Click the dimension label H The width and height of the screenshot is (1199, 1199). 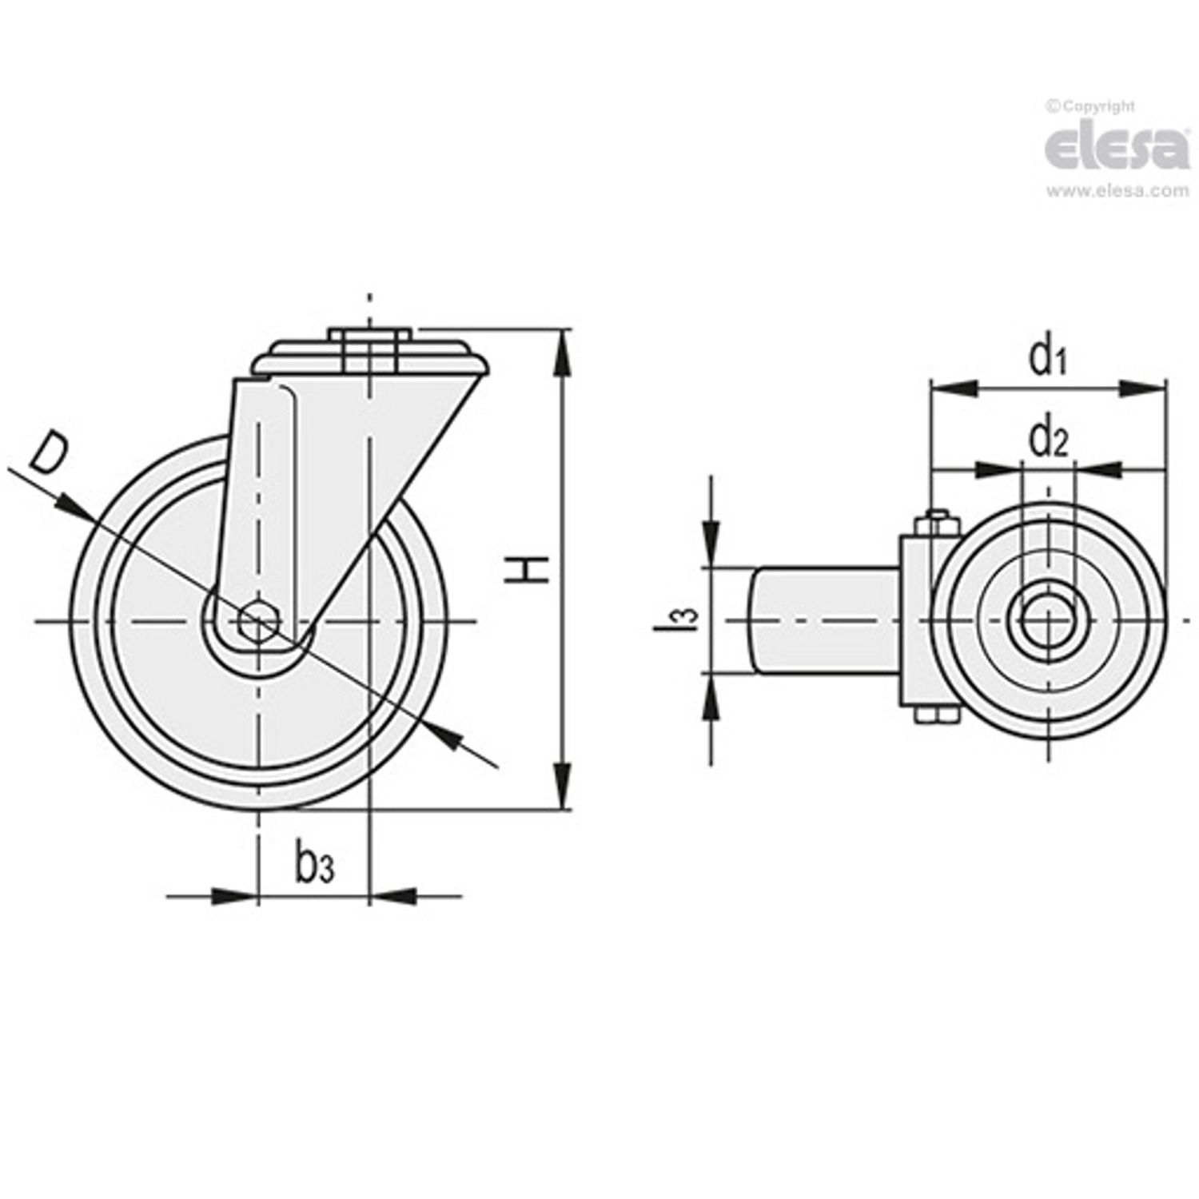(527, 568)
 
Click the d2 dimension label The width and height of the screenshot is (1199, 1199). (1048, 439)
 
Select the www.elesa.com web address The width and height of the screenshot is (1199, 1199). (1117, 191)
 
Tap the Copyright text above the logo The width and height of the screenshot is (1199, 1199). (1090, 106)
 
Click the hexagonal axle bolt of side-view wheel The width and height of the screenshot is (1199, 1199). (258, 620)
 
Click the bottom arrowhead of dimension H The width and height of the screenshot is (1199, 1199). (564, 787)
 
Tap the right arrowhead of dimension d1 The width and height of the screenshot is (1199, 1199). (1143, 388)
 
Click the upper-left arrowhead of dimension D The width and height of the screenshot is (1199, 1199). (74, 505)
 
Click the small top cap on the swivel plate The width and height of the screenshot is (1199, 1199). (369, 335)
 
